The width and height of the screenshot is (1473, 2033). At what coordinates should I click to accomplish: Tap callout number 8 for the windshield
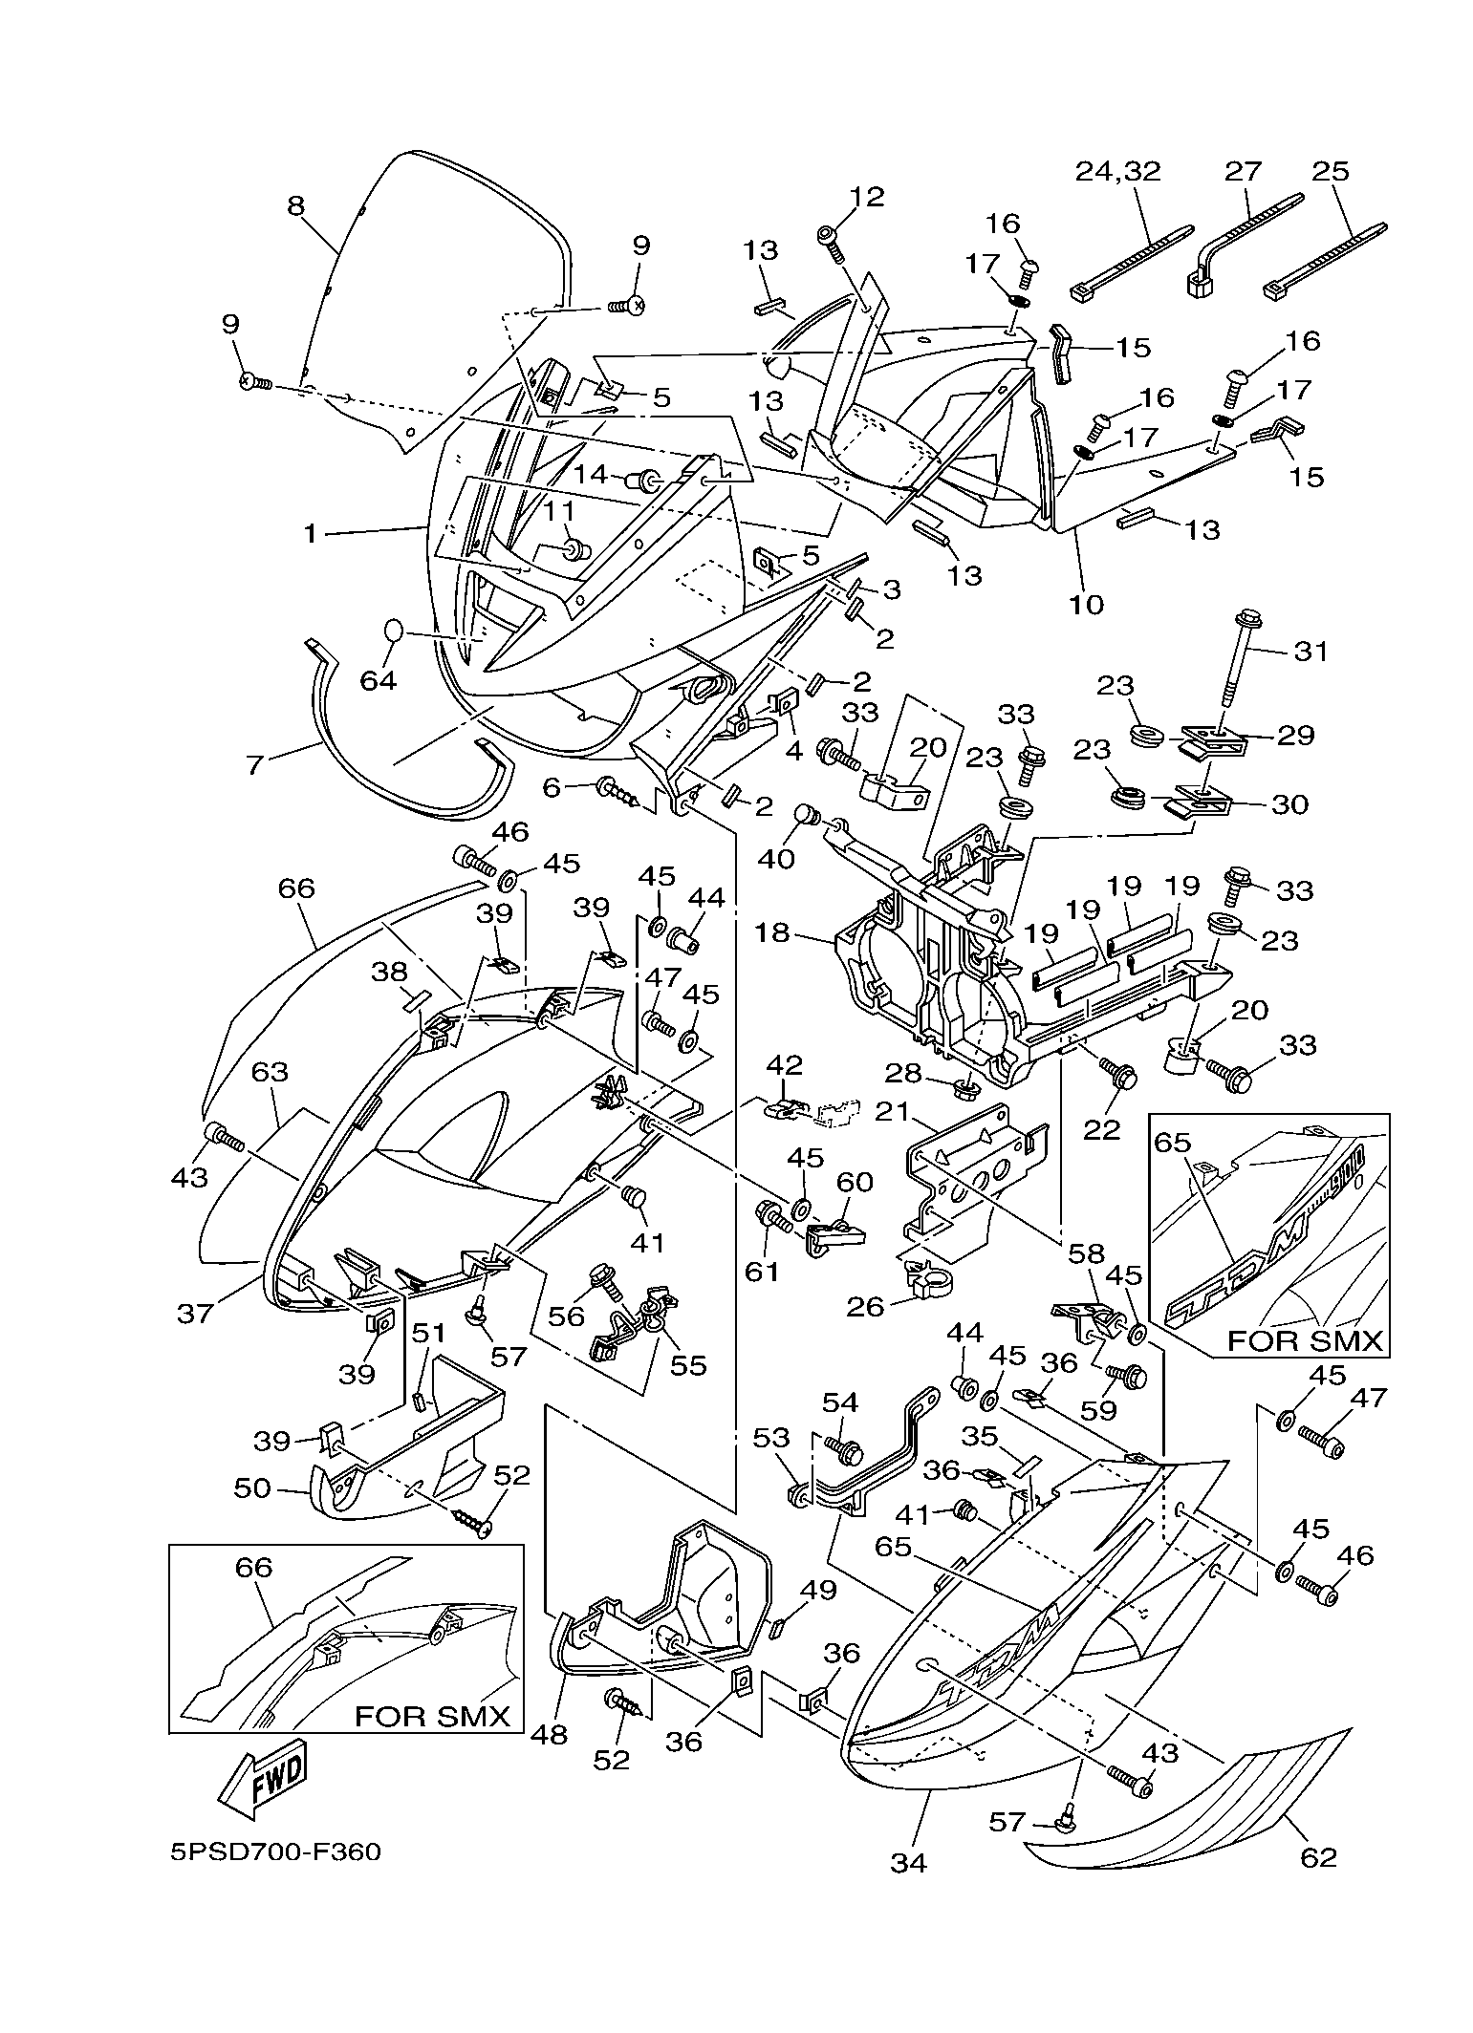295,205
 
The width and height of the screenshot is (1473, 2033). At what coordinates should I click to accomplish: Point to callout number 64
379,682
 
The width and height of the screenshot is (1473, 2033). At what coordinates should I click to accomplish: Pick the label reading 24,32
1118,171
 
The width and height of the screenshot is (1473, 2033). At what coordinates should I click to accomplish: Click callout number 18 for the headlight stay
772,932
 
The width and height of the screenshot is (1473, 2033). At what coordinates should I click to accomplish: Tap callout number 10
1087,604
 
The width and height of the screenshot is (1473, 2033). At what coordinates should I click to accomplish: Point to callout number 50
253,1488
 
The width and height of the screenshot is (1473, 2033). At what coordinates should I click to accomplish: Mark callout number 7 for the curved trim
254,764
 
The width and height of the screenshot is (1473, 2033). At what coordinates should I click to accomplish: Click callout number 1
310,533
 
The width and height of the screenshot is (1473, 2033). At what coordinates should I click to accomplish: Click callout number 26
866,1306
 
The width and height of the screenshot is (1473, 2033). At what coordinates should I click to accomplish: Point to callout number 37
196,1315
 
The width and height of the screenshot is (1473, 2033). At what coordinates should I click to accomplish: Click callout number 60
855,1183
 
